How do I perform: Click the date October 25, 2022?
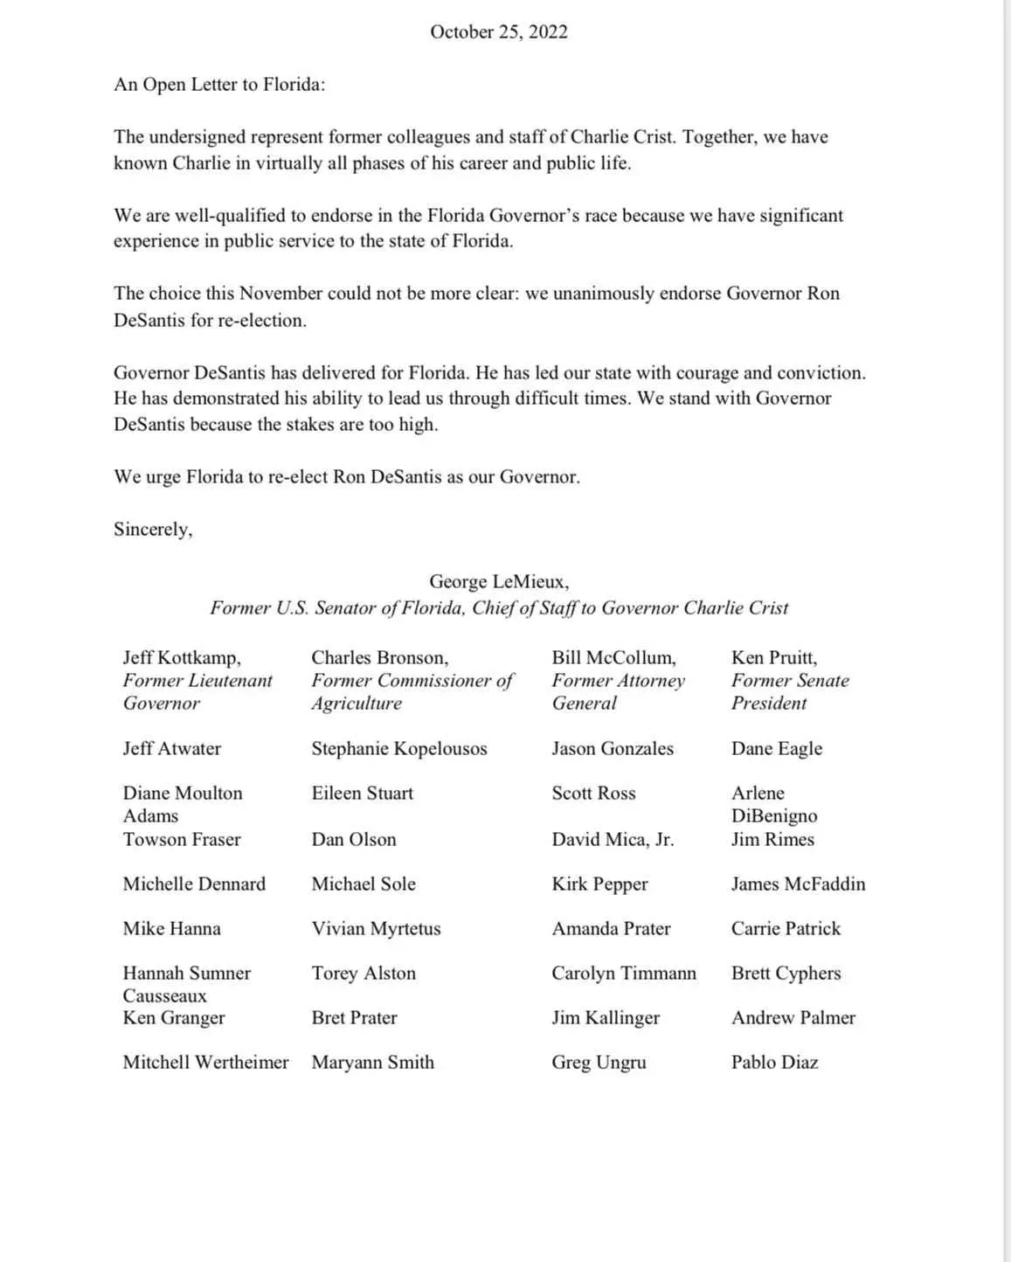499,32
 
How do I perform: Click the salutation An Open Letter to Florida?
219,85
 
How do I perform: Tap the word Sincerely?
152,530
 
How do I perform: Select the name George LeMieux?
498,582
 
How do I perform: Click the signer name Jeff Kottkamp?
182,658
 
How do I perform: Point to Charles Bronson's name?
379,658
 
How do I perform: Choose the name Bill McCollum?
613,658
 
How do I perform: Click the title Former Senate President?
789,692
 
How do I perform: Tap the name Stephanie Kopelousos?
399,749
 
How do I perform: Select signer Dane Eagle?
777,749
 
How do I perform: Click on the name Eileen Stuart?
363,794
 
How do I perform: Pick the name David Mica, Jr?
613,840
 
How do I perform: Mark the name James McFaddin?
798,884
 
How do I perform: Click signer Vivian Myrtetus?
376,929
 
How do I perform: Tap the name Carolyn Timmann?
624,974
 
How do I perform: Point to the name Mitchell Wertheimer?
205,1063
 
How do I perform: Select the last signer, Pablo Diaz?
774,1063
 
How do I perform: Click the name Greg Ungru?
599,1063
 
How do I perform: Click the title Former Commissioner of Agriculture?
412,692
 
